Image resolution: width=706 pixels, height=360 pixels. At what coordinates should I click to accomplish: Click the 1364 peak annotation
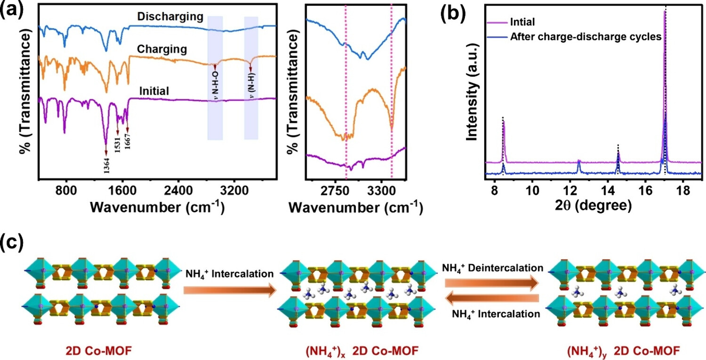coord(106,165)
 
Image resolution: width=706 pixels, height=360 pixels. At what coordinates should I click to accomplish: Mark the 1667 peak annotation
coord(128,141)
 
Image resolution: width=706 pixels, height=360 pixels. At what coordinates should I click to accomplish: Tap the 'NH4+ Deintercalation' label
coord(492,268)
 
